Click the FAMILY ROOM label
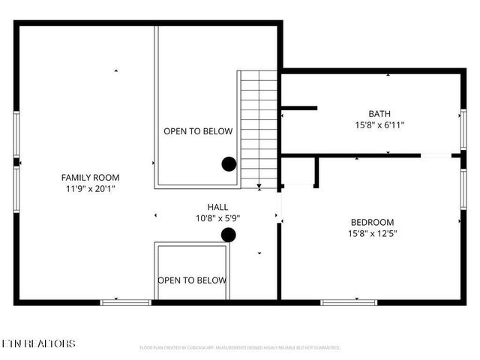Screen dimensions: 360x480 tap(90, 178)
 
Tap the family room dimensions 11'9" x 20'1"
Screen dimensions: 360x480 tap(90, 190)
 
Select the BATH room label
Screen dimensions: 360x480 tap(379, 113)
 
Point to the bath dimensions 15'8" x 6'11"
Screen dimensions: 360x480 tap(379, 125)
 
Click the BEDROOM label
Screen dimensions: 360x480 tap(372, 222)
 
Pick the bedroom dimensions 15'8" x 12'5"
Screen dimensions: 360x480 tap(372, 234)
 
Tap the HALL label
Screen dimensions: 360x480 tap(218, 206)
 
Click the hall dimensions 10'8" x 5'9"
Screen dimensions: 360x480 tap(218, 218)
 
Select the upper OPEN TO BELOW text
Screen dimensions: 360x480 tap(198, 131)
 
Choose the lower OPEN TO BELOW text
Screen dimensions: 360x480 tap(192, 280)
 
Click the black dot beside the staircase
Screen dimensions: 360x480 tap(229, 164)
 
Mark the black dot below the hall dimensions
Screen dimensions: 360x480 tap(229, 235)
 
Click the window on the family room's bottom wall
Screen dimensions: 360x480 tap(126, 302)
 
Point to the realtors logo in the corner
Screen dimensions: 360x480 tap(39, 343)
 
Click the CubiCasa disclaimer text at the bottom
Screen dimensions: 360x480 tap(240, 348)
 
